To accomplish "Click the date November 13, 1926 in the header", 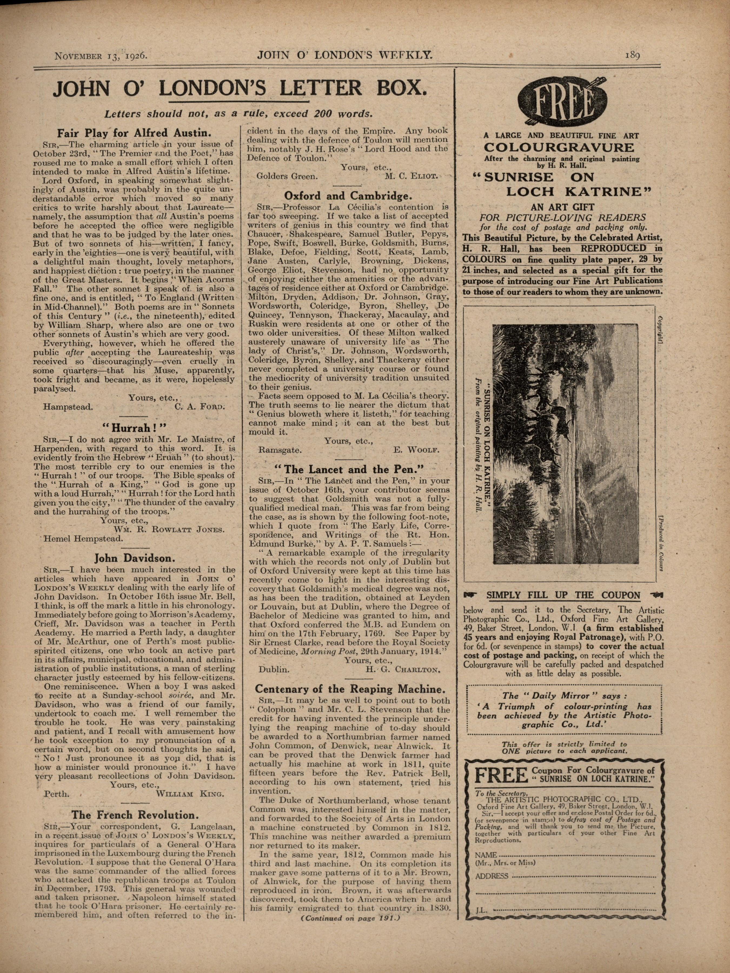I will (100, 56).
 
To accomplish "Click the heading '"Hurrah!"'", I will (135, 427).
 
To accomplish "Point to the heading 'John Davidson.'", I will (135, 558).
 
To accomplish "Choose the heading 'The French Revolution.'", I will (135, 815).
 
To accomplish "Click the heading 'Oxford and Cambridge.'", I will (348, 196).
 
